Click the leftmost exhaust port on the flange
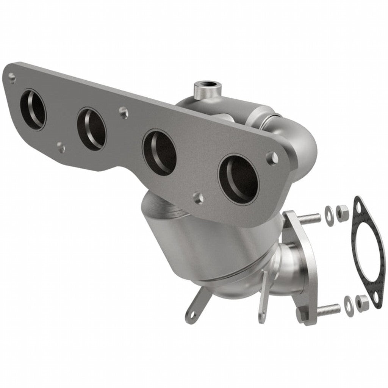pyautogui.click(x=33, y=110)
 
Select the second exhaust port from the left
pyautogui.click(x=91, y=129)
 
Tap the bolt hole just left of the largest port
pyautogui.click(x=198, y=197)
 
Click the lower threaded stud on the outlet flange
pyautogui.click(x=328, y=310)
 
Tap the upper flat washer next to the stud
pyautogui.click(x=330, y=211)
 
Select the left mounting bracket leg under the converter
pyautogui.click(x=195, y=307)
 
